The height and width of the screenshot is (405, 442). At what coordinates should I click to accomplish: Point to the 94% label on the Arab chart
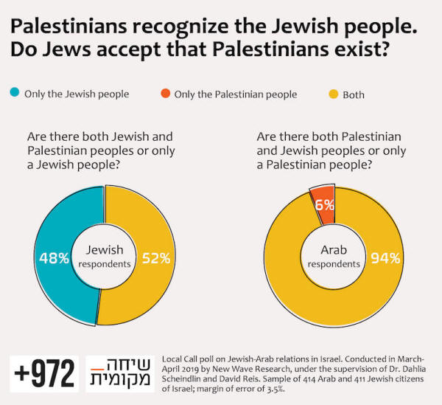click(386, 258)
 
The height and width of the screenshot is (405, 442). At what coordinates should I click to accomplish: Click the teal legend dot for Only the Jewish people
click(15, 94)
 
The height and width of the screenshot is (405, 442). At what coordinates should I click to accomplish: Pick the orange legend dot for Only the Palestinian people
click(165, 94)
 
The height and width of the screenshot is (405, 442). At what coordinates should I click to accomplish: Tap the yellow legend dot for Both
click(332, 94)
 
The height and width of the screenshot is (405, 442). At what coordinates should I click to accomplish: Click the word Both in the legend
click(354, 94)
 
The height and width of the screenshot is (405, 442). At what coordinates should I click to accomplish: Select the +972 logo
click(43, 374)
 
